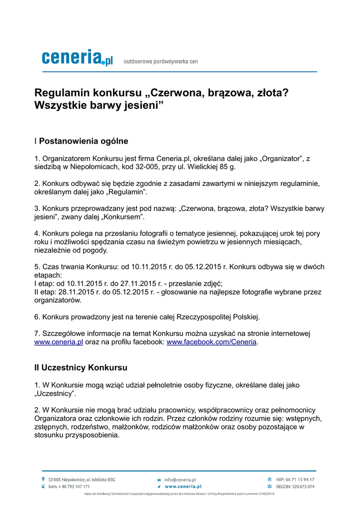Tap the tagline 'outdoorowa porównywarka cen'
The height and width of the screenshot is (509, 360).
[x=161, y=62]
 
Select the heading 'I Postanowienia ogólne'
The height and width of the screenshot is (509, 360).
[x=81, y=141]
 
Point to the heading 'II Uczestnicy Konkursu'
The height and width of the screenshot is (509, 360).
[x=81, y=368]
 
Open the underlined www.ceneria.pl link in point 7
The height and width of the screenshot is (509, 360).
[x=58, y=342]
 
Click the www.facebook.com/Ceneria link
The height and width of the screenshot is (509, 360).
[x=211, y=342]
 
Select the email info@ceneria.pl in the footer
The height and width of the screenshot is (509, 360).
[x=180, y=480]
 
